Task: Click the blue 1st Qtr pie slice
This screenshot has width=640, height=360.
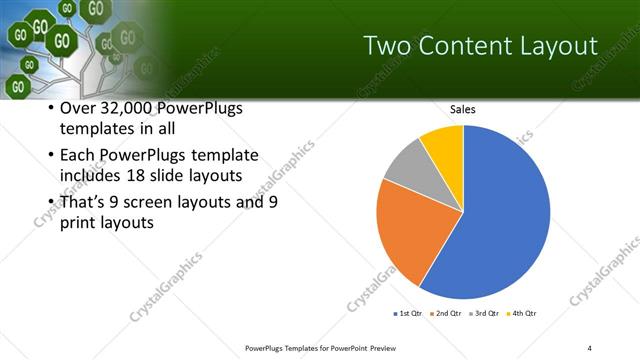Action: pos(500,220)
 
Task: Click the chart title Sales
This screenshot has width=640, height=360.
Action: pos(463,109)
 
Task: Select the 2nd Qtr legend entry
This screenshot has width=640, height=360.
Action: pos(445,314)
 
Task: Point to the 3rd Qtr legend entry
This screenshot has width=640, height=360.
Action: pos(484,314)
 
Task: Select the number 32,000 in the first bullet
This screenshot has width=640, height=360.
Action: pos(133,108)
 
